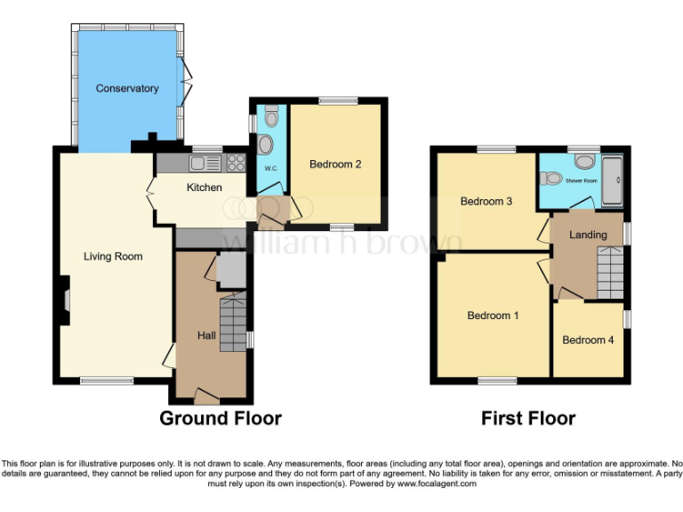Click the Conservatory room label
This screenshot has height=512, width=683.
127,89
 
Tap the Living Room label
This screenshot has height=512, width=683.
113,257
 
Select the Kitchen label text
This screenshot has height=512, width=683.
204,188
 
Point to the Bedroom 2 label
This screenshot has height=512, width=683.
335,164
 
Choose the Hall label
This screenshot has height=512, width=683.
205,336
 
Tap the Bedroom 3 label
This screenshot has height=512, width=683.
486,202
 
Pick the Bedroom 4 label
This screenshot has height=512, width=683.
588,340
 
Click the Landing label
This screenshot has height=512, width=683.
589,236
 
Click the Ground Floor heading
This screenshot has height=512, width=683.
221,418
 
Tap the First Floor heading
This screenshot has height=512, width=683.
528,418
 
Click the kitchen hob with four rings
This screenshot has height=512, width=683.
237,163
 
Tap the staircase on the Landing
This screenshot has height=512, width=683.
611,272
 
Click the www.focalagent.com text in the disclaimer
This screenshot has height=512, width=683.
435,484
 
